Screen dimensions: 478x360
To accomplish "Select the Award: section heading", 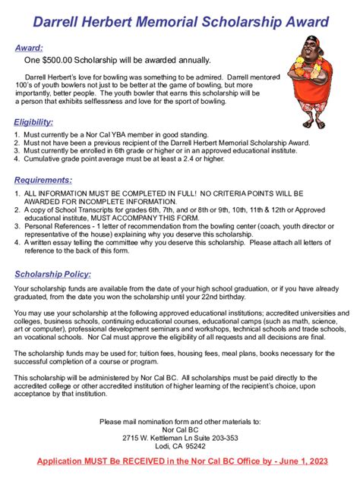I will [x=30, y=49].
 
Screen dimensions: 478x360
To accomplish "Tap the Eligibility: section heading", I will [x=33, y=122].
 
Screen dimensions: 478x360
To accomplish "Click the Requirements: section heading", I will [x=43, y=180].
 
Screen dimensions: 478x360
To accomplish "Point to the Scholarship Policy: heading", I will [x=52, y=274].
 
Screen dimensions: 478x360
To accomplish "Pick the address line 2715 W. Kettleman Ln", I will [x=180, y=438].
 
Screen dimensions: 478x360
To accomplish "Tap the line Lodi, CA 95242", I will [x=180, y=447].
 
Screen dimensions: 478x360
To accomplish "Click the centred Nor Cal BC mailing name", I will [x=180, y=429].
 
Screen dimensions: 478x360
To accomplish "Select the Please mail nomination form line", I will [x=180, y=420].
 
